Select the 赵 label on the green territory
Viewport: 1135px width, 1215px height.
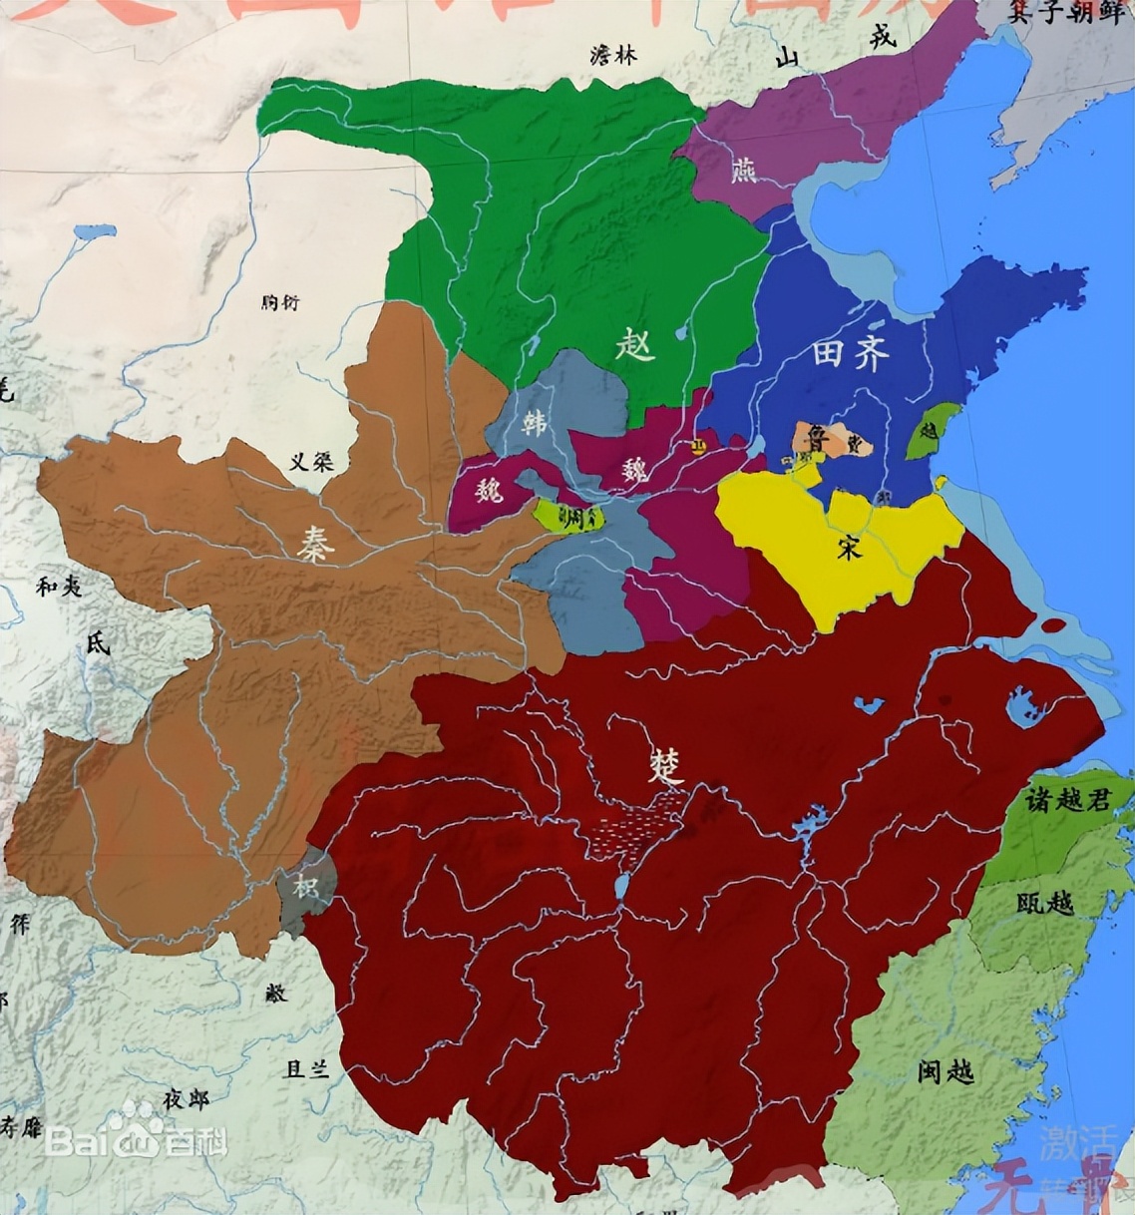point(635,346)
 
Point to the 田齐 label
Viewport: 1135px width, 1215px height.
point(850,355)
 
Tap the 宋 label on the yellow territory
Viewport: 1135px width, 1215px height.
point(849,547)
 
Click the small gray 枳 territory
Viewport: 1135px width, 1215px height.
point(305,884)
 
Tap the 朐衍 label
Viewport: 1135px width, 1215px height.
point(278,303)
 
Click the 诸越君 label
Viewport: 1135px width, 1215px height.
point(1067,798)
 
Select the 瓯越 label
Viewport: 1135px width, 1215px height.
point(1045,903)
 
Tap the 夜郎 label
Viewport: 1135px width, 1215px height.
point(188,1099)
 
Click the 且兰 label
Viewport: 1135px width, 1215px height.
point(306,1069)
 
